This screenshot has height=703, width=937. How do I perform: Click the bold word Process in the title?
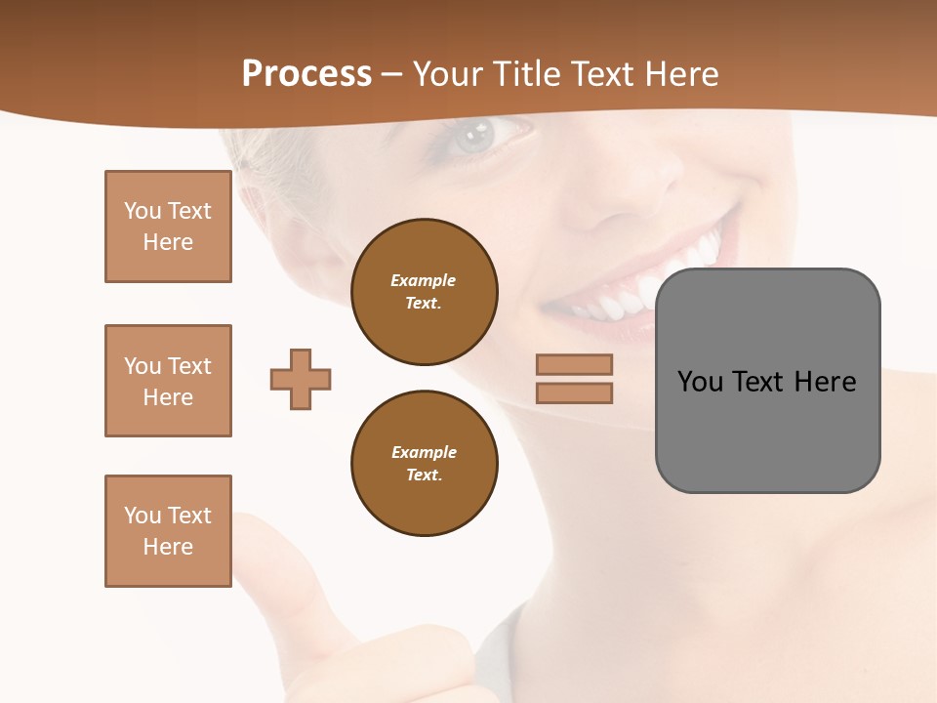(306, 74)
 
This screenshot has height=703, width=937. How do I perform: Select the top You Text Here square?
(168, 227)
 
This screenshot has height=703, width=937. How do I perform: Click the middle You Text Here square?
(168, 381)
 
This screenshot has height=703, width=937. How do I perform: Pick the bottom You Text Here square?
(168, 531)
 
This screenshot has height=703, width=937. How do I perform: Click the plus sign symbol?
(301, 379)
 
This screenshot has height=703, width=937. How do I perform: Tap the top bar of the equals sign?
(574, 364)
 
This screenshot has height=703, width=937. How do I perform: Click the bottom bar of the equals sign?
(574, 393)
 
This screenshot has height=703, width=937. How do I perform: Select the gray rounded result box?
(767, 439)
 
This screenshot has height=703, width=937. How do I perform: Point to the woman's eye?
(477, 136)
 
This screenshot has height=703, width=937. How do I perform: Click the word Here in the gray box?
(825, 381)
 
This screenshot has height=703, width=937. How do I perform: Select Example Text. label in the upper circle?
(424, 291)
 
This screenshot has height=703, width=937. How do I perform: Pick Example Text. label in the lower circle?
(424, 463)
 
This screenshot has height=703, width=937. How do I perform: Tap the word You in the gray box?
(700, 381)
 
